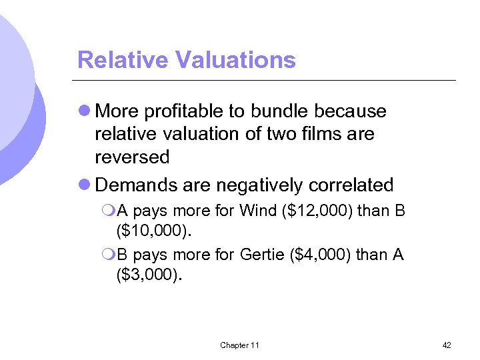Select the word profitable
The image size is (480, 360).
click(186, 111)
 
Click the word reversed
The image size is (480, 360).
click(132, 157)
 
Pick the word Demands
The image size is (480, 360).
click(133, 185)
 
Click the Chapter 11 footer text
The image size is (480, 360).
click(239, 345)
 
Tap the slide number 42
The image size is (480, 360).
click(447, 345)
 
